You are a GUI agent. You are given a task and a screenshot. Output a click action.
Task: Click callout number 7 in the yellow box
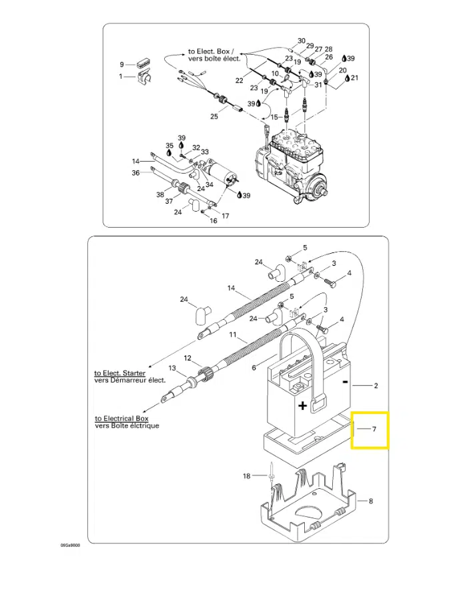374,429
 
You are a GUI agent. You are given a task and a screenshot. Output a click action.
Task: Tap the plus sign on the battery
303,405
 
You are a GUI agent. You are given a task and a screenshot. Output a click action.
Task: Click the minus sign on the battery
345,382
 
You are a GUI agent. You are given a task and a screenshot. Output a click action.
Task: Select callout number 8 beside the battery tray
371,501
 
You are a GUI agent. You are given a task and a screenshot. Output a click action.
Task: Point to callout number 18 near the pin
246,475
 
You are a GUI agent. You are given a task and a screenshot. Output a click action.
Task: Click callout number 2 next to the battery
376,385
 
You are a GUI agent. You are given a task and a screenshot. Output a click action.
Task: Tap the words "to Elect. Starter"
120,373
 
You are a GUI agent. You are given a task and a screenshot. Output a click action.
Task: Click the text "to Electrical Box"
121,419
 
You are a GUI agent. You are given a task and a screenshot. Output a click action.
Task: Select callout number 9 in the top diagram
122,64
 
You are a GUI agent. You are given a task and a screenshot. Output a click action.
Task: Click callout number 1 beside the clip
121,76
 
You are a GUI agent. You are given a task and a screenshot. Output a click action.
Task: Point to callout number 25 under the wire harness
214,116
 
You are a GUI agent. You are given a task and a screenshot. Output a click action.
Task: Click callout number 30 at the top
302,41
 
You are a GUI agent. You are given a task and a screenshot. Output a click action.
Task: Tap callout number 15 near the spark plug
274,117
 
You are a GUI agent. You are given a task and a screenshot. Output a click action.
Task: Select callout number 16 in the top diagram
213,221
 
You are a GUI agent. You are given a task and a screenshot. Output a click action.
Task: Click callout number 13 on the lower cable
172,368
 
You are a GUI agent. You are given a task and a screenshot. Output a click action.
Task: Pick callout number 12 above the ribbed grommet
187,358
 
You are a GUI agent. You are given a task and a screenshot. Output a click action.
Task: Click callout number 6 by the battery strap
254,368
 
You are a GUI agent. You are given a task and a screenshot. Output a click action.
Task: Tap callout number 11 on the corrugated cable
233,335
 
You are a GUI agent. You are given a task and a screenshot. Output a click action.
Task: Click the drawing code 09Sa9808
70,546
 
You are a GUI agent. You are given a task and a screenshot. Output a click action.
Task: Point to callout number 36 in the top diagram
135,173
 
